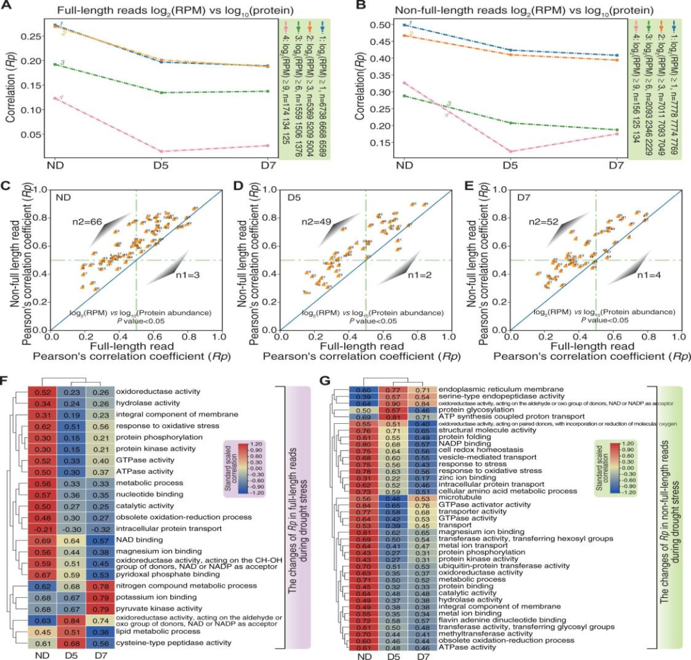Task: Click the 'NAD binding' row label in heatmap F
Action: [136, 540]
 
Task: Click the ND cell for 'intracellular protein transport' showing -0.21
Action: [42, 529]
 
